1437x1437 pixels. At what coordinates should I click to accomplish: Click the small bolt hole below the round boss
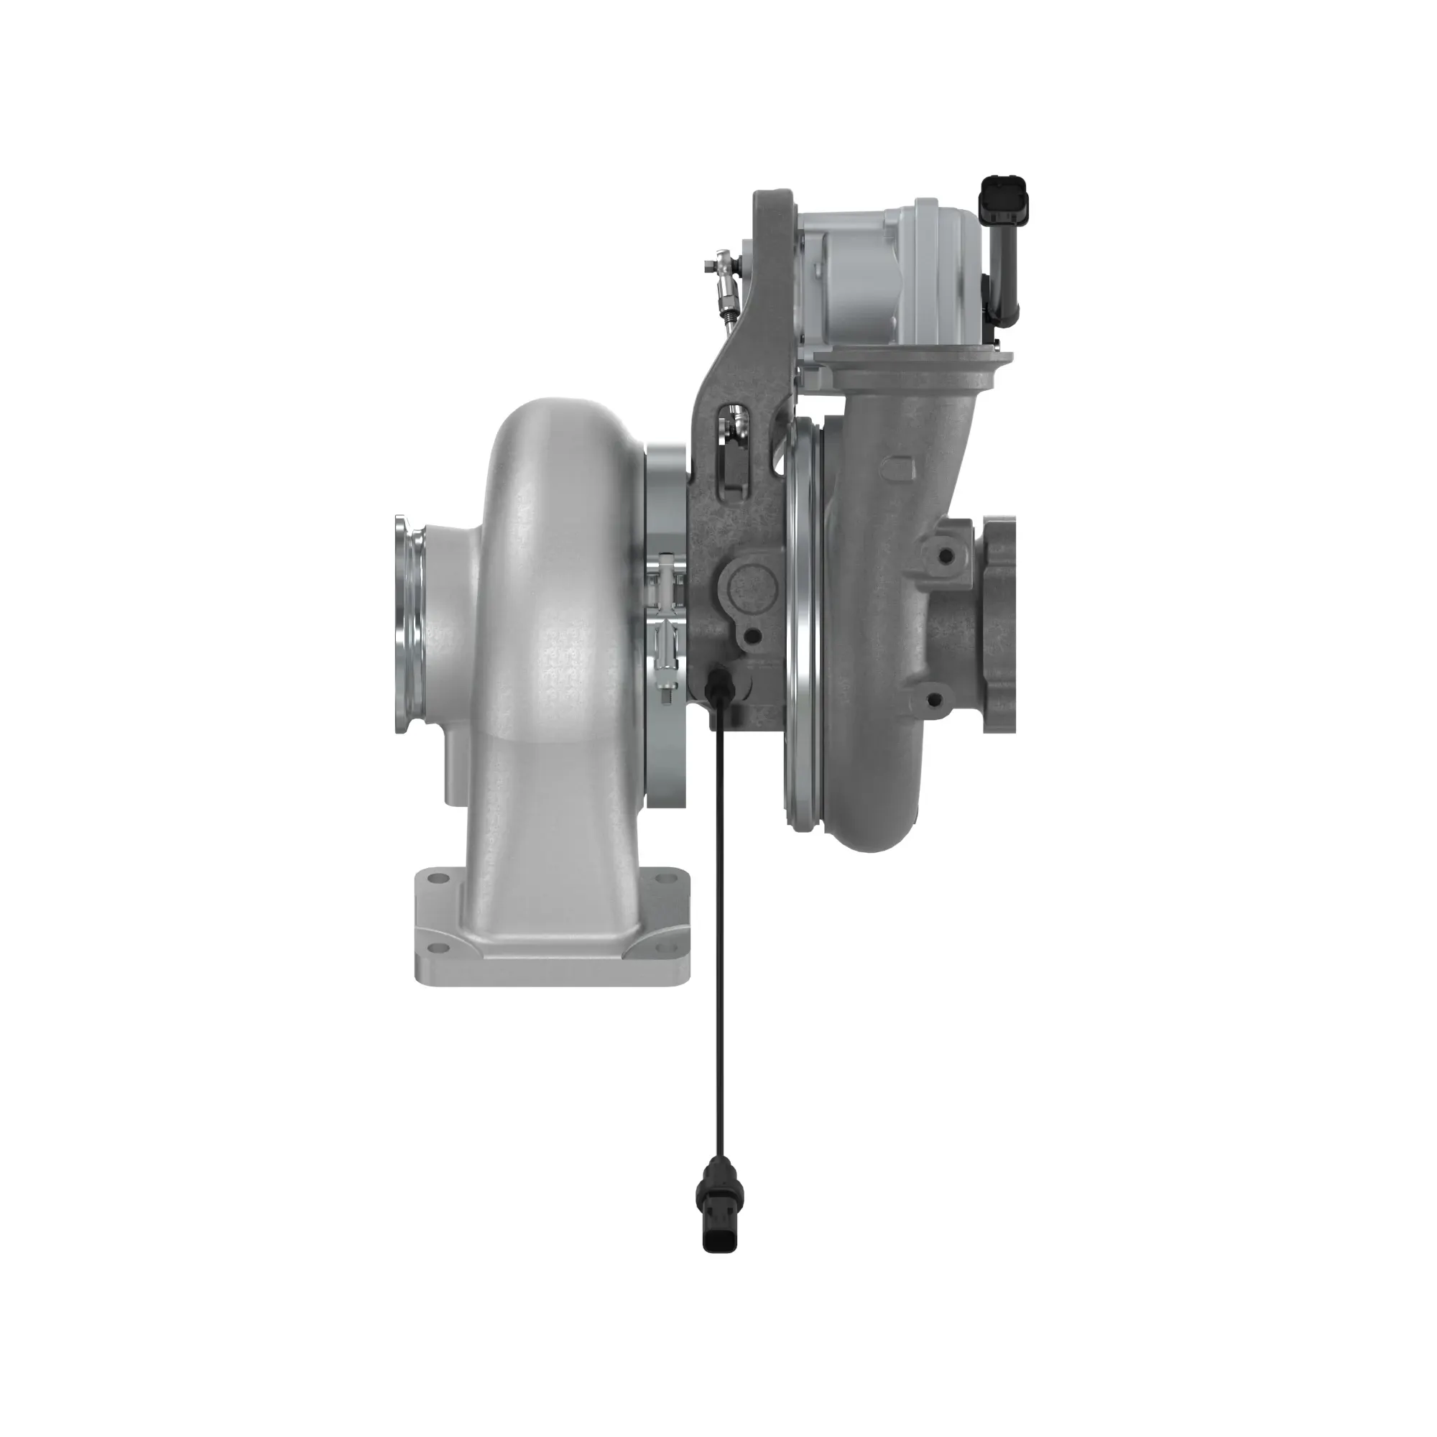click(x=752, y=635)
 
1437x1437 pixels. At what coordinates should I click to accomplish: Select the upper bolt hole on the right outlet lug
click(x=946, y=555)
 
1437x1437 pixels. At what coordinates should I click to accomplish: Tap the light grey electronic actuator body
click(x=892, y=275)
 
